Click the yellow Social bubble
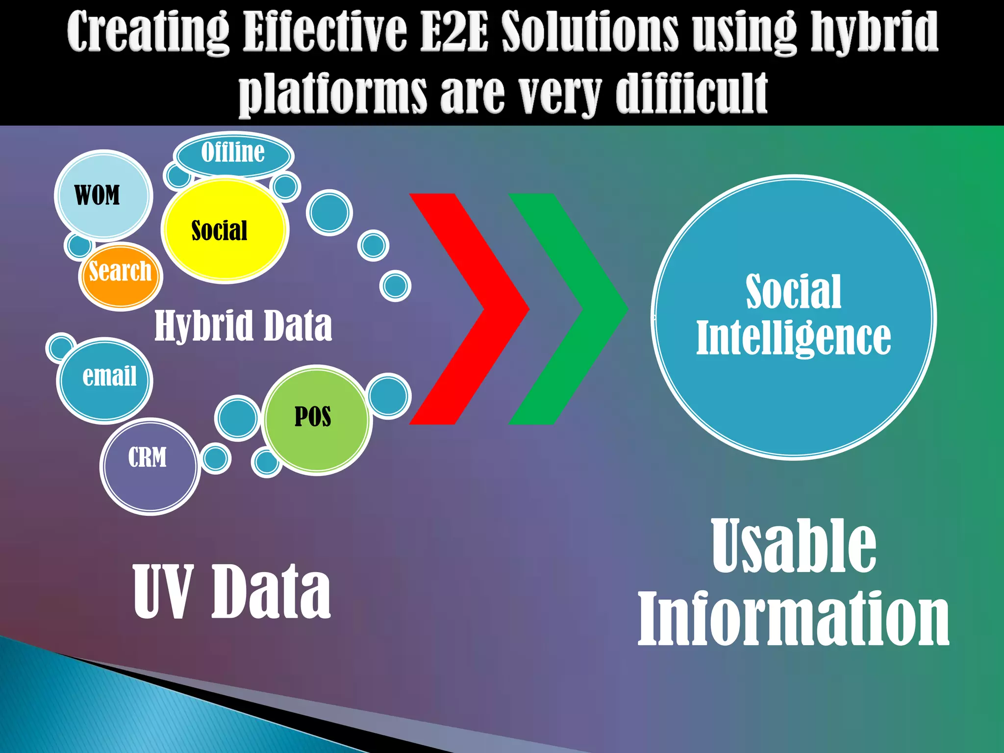(x=225, y=230)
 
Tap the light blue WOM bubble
(x=103, y=195)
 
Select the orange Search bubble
(x=121, y=276)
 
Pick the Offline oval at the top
(x=233, y=154)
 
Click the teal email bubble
(x=105, y=379)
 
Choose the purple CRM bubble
(x=150, y=466)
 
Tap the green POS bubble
(x=316, y=420)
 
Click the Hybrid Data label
(x=243, y=326)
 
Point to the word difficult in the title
(x=691, y=93)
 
